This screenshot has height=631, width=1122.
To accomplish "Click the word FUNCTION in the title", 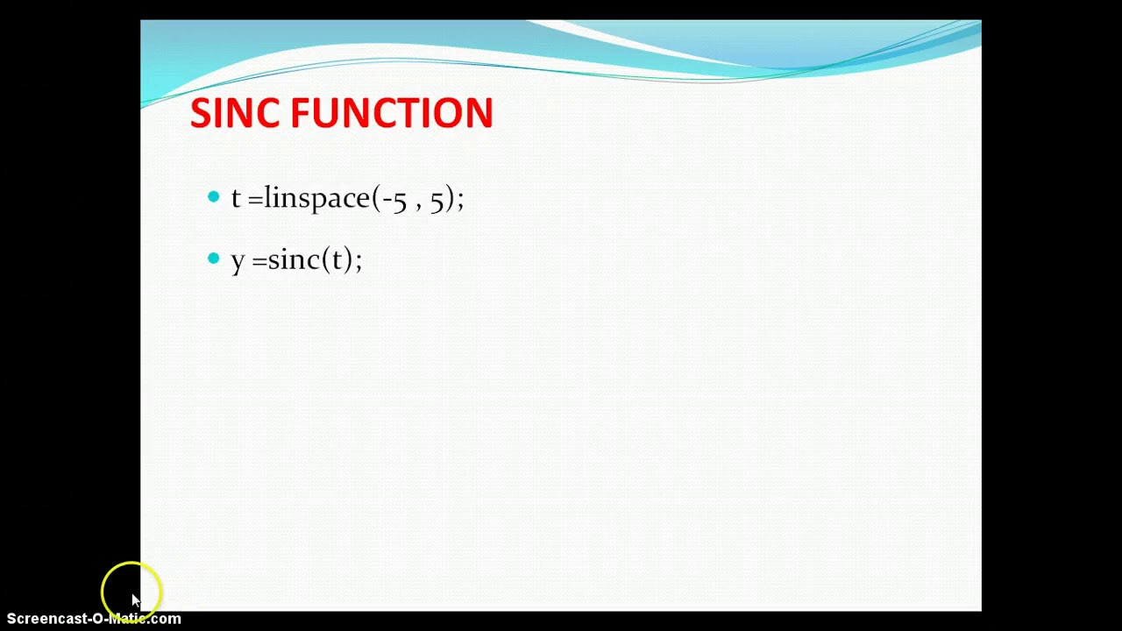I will pos(391,114).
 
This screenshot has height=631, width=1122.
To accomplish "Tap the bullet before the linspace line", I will pos(214,197).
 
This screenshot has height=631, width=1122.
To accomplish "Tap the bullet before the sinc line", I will pos(214,259).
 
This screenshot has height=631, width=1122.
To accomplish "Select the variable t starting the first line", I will pos(236,198).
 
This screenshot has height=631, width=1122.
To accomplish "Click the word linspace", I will pos(316,198).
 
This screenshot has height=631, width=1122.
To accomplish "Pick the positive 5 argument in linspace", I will pos(437,200).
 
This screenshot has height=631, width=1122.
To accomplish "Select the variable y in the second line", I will pos(238,261).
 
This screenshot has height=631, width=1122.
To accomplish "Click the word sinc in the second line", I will pos(294,259).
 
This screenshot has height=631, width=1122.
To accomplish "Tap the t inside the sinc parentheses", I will pos(337,259).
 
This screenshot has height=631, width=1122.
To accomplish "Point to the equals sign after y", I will pos(259,261).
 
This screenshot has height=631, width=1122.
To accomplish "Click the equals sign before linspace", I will pos(255,200).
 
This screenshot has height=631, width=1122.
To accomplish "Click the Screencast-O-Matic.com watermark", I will pos(94,619).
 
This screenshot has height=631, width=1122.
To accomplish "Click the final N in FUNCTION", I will pos(479,114).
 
